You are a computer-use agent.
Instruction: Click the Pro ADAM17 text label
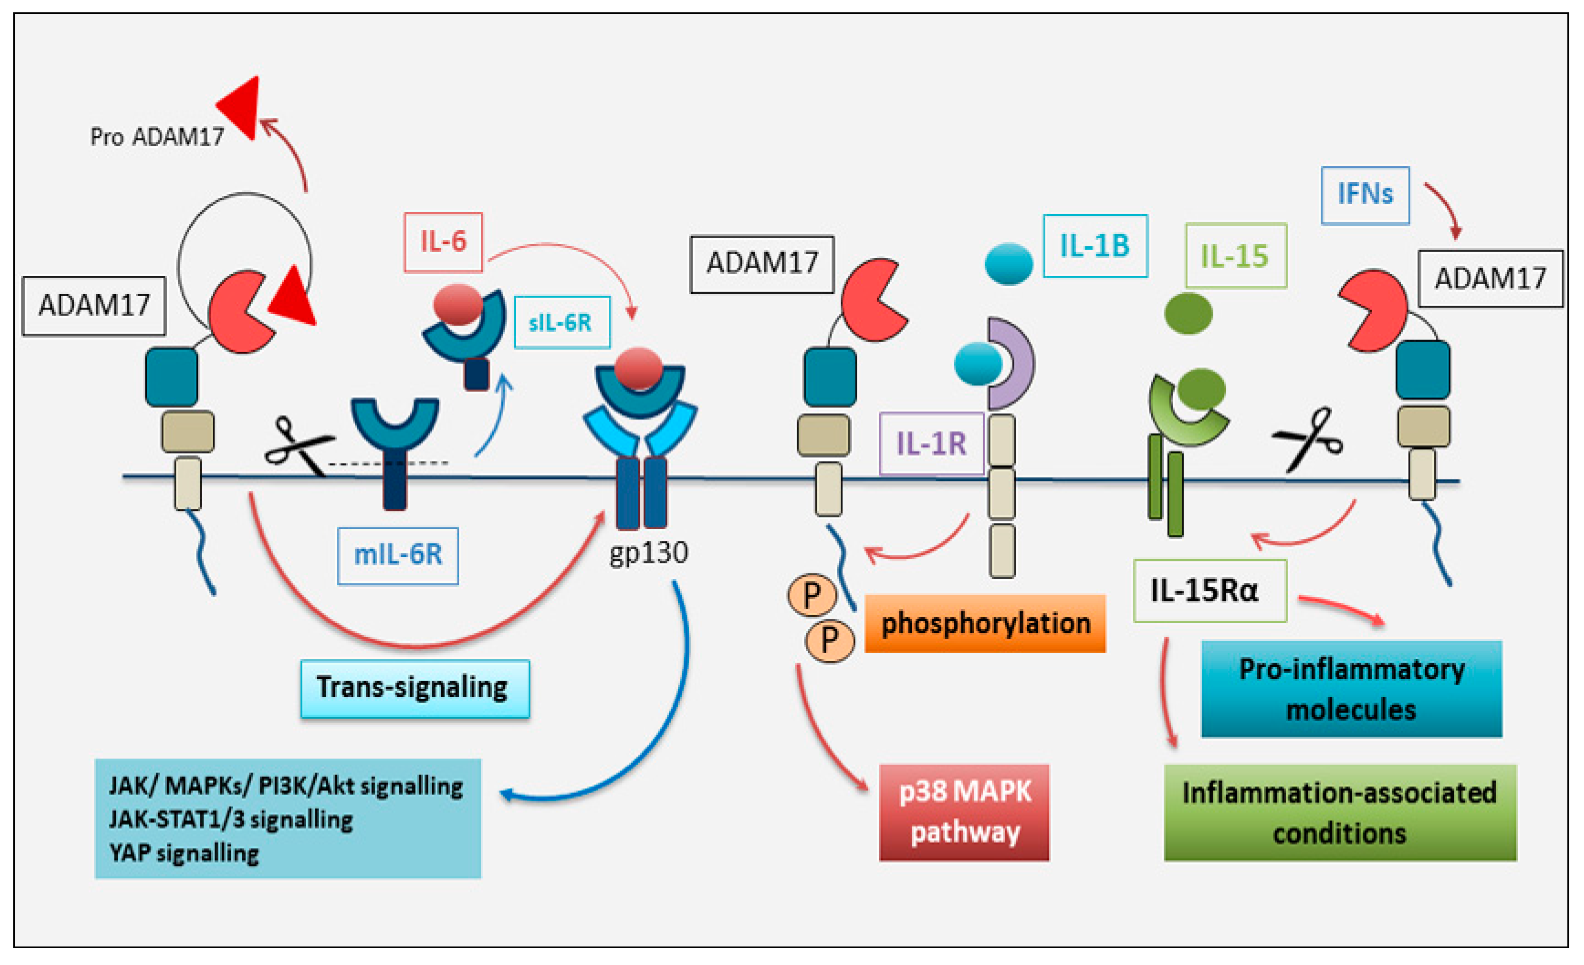tap(156, 137)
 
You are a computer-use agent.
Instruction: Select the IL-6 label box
tap(443, 242)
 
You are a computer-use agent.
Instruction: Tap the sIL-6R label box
tap(561, 322)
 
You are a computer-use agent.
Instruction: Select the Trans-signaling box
tap(415, 688)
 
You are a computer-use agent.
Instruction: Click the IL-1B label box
tap(1095, 246)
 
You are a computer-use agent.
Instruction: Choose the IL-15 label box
tap(1235, 256)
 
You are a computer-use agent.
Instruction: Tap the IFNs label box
tap(1365, 195)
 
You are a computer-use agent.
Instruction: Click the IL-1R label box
tap(931, 443)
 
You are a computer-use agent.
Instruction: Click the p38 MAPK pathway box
tap(964, 812)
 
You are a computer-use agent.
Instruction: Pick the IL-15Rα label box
tap(1209, 590)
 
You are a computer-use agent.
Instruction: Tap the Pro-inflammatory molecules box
tap(1351, 689)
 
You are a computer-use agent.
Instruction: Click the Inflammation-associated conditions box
tap(1340, 812)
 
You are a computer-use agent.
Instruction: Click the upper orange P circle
tap(811, 595)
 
